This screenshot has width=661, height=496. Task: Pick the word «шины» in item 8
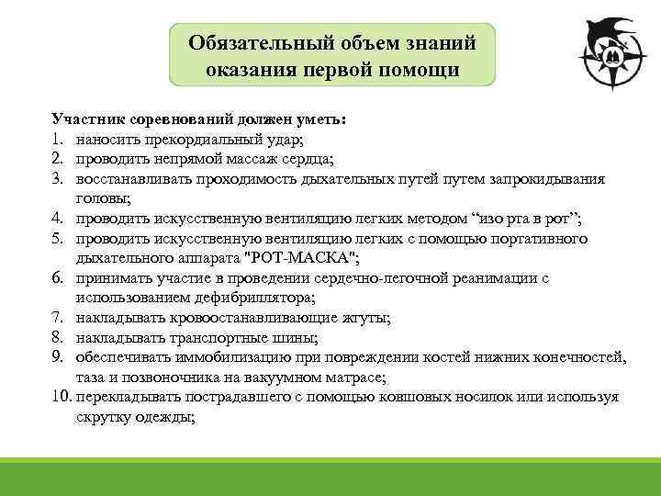298,337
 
